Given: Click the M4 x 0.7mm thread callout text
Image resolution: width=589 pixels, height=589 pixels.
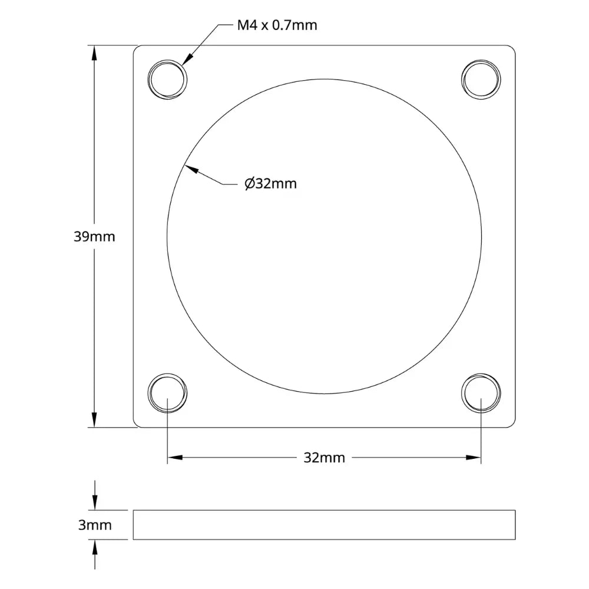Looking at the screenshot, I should tap(277, 25).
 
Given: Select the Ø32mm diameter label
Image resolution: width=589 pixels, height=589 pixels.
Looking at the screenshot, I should tap(270, 184).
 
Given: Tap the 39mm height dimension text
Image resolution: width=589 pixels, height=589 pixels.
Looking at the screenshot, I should tap(94, 237).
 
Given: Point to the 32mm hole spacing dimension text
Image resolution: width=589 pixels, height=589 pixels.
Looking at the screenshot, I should tap(324, 458).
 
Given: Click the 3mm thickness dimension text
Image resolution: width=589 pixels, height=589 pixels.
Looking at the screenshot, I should tap(94, 525).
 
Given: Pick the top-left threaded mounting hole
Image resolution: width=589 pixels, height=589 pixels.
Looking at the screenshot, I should tap(168, 79).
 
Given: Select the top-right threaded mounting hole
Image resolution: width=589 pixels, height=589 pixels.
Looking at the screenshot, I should tap(481, 79).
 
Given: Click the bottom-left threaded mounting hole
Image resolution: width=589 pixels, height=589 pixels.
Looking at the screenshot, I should tap(168, 392).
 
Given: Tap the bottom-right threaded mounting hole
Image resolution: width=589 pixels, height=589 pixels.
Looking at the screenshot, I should tap(481, 392).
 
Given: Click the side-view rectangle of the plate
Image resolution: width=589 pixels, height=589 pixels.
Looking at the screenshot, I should tap(324, 525).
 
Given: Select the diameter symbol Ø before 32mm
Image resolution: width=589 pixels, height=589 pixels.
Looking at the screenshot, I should tap(249, 184).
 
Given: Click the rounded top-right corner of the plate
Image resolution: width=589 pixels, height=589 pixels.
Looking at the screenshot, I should tap(512, 49).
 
